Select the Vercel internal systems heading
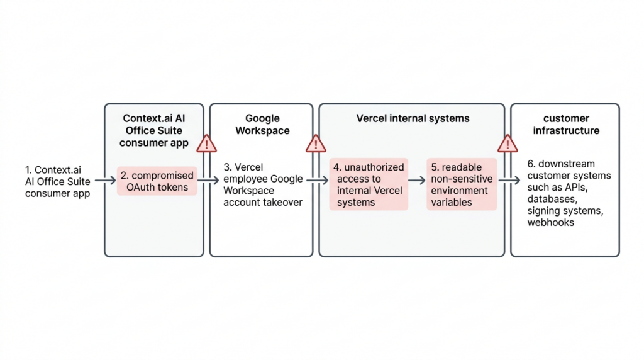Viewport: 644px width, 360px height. click(413, 118)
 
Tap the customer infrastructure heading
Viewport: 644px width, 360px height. click(565, 124)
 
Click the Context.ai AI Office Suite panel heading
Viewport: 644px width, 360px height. click(154, 130)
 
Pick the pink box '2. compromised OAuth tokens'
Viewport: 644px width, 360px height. click(157, 181)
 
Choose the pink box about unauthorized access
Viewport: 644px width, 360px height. click(369, 184)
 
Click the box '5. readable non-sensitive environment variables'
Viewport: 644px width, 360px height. click(461, 184)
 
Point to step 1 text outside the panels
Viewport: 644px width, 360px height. click(57, 181)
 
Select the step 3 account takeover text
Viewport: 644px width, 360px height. click(263, 184)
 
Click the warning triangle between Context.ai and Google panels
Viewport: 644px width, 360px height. click(206, 143)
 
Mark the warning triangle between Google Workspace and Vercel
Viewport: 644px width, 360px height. click(315, 143)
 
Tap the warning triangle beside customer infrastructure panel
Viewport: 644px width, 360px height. click(507, 143)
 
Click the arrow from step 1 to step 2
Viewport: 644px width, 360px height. click(105, 181)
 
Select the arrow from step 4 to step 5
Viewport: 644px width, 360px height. click(417, 181)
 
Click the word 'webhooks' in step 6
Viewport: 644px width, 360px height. click(551, 222)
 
